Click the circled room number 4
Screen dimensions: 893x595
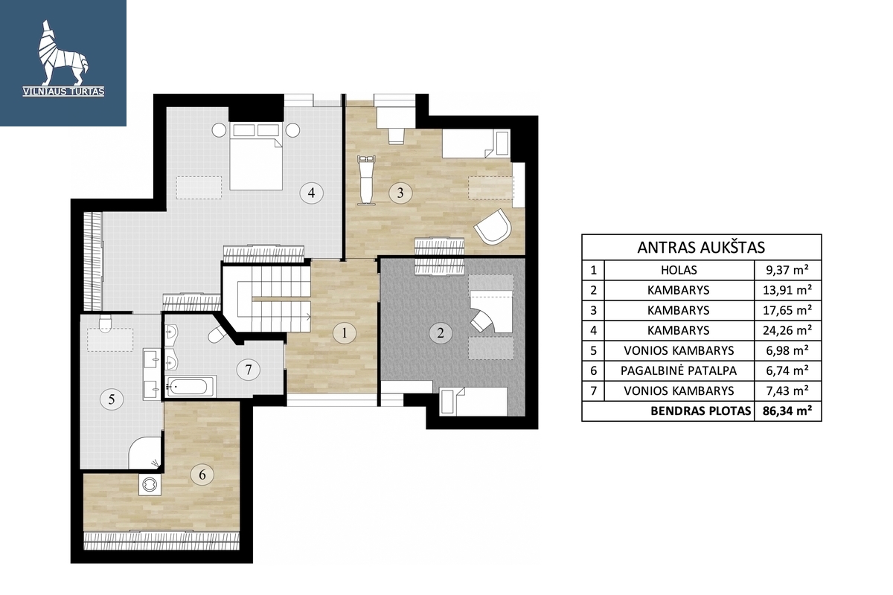(x=311, y=193)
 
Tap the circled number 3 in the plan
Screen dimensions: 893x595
(x=400, y=193)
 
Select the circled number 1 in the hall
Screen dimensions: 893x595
(x=345, y=332)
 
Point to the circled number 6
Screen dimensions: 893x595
(x=202, y=475)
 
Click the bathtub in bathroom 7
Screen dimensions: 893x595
(x=191, y=386)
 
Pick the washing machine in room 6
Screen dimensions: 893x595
(x=150, y=484)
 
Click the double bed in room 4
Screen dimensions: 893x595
(x=256, y=156)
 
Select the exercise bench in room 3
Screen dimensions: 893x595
(x=365, y=180)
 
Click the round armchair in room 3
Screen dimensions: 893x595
(x=492, y=226)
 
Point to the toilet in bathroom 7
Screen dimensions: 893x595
(x=217, y=334)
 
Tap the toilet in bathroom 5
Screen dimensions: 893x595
(x=104, y=324)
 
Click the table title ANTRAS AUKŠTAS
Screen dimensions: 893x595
(x=701, y=248)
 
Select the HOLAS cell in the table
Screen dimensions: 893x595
(x=679, y=270)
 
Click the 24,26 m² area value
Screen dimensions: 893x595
(x=787, y=330)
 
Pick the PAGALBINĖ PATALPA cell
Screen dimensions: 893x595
(x=679, y=370)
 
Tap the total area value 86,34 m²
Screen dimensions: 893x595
(x=787, y=411)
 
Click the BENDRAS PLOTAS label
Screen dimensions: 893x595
(x=700, y=411)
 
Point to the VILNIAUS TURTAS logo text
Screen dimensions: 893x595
(x=63, y=91)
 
